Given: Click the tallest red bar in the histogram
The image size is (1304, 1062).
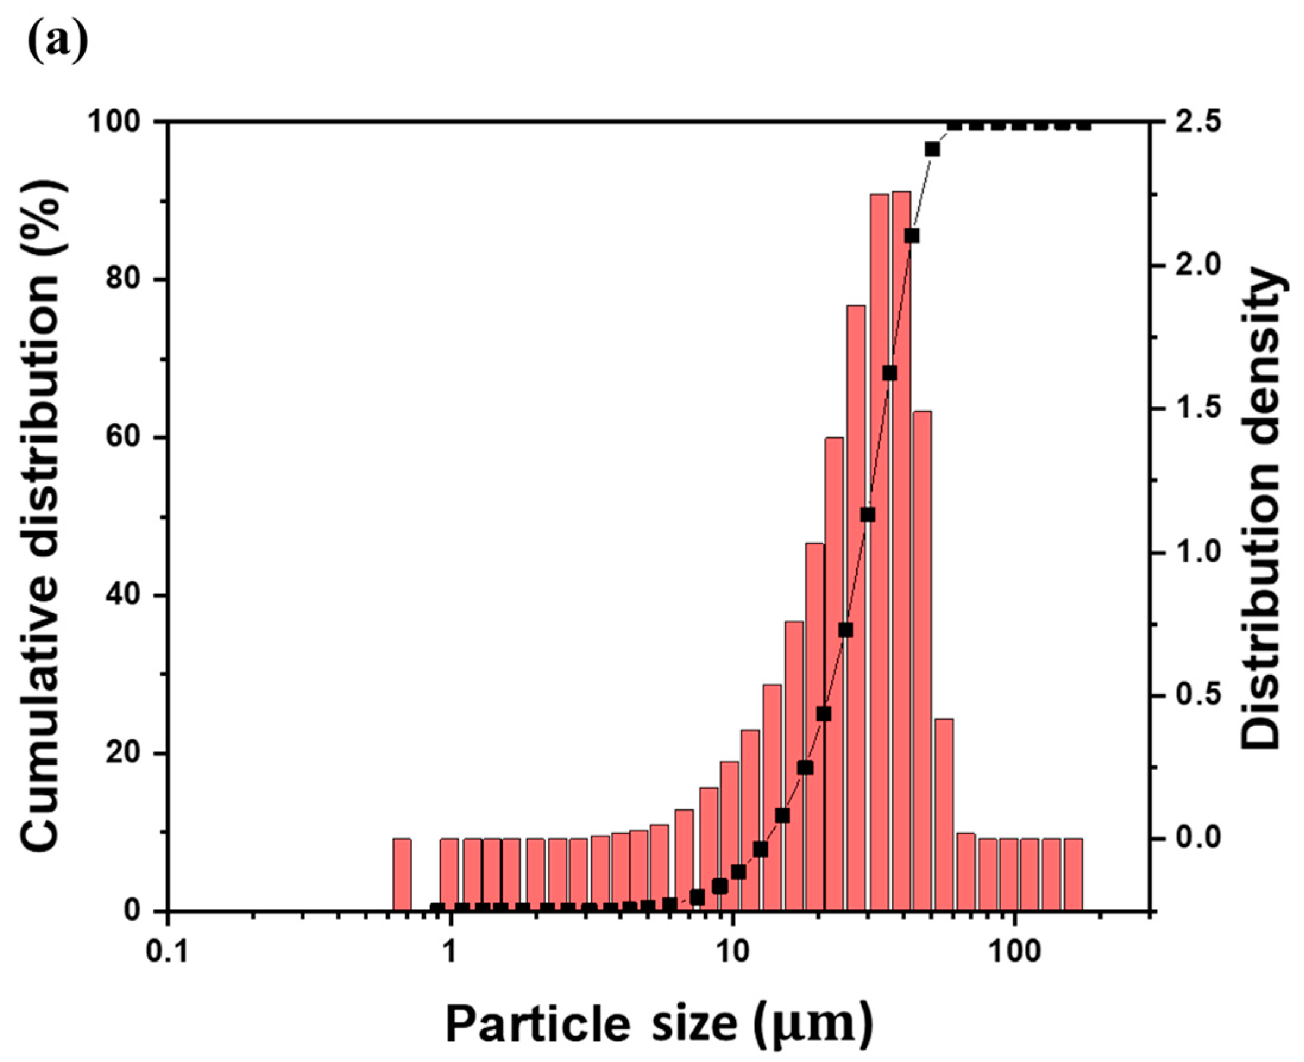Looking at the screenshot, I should pos(901,550).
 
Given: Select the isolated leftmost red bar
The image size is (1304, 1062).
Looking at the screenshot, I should pos(402,874).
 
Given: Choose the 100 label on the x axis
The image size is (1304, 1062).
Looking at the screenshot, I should pos(1015,954).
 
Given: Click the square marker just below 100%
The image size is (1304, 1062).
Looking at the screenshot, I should pos(932,149).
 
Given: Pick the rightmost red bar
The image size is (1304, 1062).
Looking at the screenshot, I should pos(1073,874).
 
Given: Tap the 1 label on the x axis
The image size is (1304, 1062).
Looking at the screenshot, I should pos(451,954).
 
